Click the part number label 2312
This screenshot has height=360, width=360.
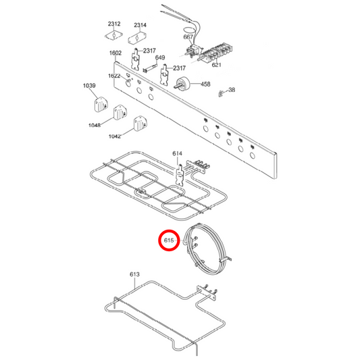pyautogui.click(x=114, y=24)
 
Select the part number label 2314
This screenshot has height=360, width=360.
pyautogui.click(x=140, y=25)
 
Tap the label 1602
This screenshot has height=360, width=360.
pyautogui.click(x=115, y=53)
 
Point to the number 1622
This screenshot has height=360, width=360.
pyautogui.click(x=114, y=76)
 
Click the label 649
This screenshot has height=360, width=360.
pyautogui.click(x=160, y=58)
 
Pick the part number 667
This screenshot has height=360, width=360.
pyautogui.click(x=188, y=37)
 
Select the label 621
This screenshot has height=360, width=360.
pyautogui.click(x=216, y=66)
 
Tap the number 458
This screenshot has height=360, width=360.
pyautogui.click(x=205, y=84)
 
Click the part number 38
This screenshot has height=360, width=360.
pyautogui.click(x=232, y=90)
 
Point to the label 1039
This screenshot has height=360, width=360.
pyautogui.click(x=90, y=86)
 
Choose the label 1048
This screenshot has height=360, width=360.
pyautogui.click(x=95, y=125)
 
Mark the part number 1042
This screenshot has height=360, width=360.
pyautogui.click(x=115, y=136)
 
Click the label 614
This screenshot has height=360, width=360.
pyautogui.click(x=178, y=154)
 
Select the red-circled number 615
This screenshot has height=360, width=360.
pyautogui.click(x=169, y=240)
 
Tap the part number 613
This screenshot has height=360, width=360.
pyautogui.click(x=134, y=274)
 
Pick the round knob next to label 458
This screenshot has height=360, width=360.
pyautogui.click(x=182, y=84)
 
